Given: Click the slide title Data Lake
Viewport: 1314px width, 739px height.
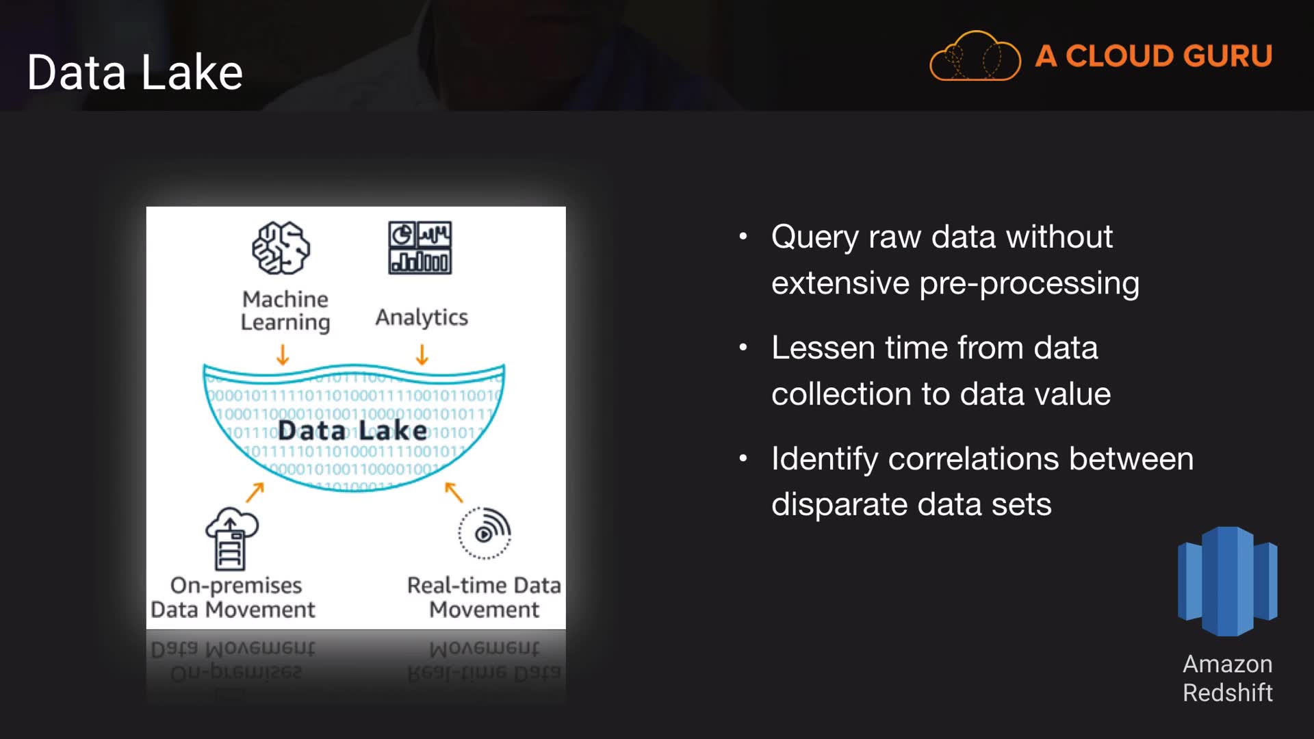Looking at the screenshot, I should (135, 73).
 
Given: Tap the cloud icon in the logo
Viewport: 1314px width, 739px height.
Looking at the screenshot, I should (975, 57).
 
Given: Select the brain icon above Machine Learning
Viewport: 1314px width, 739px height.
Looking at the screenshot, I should (281, 248).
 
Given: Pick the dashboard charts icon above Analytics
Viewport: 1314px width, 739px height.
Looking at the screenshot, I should (420, 248).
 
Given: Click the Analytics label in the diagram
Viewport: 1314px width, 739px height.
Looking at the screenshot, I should (422, 317).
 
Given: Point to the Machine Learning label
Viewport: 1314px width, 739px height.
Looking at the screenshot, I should (285, 311).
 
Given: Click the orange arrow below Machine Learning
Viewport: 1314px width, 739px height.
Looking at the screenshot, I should (283, 354).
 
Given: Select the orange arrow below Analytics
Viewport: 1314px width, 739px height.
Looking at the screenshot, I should (422, 354).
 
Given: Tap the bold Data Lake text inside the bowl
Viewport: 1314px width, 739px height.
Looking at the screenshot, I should (352, 430).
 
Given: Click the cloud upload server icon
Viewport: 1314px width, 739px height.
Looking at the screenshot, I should (231, 539).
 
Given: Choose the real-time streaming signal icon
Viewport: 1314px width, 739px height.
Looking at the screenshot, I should (485, 533).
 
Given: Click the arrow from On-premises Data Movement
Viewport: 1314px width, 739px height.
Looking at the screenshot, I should (255, 492).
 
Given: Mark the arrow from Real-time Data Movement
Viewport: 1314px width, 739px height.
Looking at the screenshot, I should (454, 491).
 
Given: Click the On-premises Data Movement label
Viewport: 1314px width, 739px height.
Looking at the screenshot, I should (233, 597).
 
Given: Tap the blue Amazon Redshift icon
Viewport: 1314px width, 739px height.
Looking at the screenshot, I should (1227, 581).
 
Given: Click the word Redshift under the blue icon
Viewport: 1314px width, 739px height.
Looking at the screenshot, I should (1228, 693).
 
